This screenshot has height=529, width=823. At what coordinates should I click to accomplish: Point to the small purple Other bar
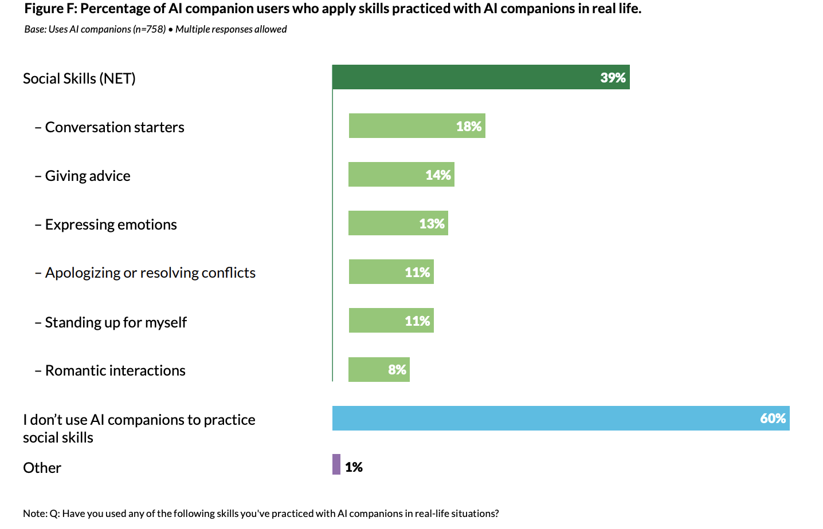336,464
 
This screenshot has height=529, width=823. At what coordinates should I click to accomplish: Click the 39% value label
613,78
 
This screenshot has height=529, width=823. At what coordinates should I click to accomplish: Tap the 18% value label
468,127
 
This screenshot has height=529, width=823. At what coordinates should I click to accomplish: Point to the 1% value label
354,467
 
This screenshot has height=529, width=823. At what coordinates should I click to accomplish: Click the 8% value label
397,370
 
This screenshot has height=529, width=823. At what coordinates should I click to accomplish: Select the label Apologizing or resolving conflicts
150,273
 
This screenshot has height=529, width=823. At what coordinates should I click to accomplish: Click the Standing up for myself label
116,322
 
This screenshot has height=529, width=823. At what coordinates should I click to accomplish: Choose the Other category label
42,468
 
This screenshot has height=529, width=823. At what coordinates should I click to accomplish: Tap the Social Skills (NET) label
79,78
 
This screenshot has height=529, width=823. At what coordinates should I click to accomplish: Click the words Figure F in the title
50,9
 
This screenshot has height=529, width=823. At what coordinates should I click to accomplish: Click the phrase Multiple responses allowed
231,29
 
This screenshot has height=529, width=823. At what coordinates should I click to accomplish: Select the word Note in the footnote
34,514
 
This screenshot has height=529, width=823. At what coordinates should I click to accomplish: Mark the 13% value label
432,224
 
